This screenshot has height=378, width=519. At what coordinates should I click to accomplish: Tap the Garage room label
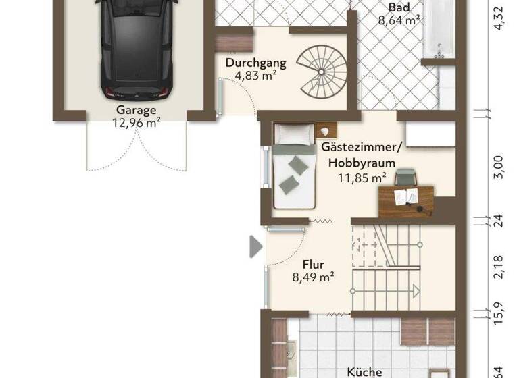[x=136, y=110]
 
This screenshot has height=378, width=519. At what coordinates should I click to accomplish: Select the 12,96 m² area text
[x=135, y=123]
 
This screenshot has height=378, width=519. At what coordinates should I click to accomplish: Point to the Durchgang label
[x=256, y=63]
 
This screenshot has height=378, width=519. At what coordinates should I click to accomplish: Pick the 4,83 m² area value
[x=255, y=76]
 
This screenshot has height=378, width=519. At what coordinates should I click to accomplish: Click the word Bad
[x=398, y=8]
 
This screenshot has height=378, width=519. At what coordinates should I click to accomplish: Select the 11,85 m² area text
[x=362, y=178]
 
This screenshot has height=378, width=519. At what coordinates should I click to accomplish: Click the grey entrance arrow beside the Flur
[x=255, y=246]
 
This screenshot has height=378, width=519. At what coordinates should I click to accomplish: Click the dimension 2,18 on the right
[x=499, y=267]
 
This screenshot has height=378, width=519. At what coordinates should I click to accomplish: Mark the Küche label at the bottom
[x=364, y=371]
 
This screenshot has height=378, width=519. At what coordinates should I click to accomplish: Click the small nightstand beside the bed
[x=326, y=130]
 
